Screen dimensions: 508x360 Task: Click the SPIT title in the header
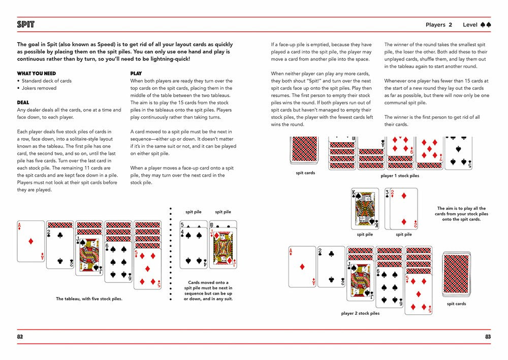(25, 24)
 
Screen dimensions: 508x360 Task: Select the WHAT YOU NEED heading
(36, 74)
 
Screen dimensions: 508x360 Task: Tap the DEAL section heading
(23, 103)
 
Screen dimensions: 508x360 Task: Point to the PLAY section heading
(136, 74)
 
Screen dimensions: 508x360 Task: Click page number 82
(20, 337)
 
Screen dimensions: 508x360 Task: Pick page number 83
(488, 337)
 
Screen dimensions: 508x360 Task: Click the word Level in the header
(470, 24)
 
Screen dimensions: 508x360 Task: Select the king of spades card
(365, 209)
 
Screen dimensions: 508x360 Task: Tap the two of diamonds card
(404, 209)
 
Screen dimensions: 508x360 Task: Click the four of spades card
(194, 248)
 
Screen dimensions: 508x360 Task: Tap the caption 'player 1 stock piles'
(400, 176)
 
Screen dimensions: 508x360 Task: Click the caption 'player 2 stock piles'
(360, 313)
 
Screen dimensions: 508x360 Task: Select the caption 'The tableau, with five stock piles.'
(89, 299)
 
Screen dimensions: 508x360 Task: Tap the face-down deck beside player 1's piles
(304, 150)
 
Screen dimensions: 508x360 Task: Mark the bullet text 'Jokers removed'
(39, 88)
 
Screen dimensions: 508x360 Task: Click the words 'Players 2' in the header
(439, 24)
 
